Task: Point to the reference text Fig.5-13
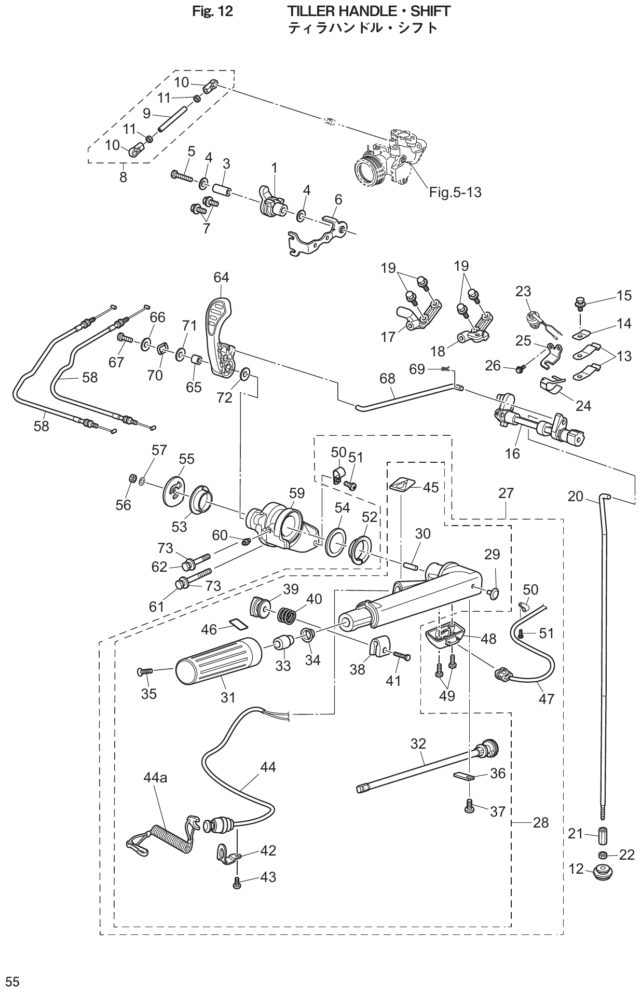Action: click(x=455, y=192)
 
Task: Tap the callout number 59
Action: click(x=297, y=493)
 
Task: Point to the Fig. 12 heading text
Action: click(x=212, y=11)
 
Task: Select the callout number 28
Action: click(x=540, y=823)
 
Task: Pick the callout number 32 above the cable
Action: click(x=418, y=743)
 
